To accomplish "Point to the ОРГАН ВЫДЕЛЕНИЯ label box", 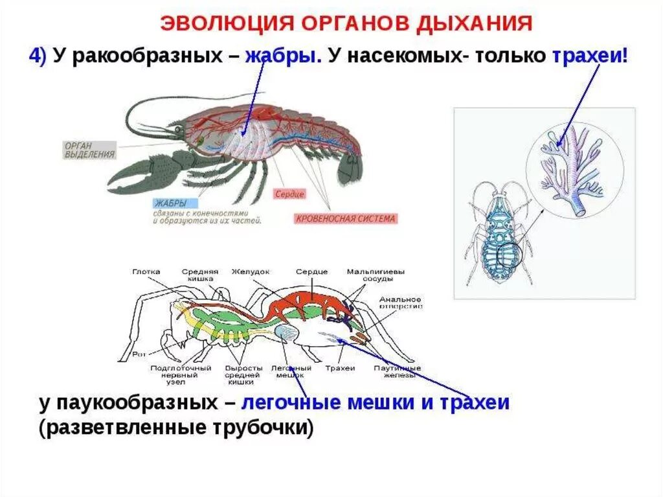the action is click(89, 150).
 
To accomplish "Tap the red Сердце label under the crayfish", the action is click(289, 194).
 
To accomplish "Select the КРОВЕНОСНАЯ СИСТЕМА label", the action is click(344, 218).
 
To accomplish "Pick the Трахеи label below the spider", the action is click(341, 368).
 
